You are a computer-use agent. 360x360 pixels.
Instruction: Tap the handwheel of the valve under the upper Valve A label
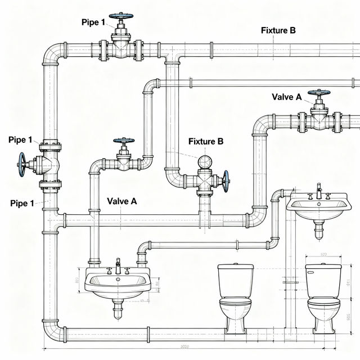click(319, 92)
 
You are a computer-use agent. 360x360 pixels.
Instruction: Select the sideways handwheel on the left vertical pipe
click(22, 167)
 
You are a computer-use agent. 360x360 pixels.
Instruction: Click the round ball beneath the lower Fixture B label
click(205, 162)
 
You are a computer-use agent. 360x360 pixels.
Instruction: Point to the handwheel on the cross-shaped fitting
click(226, 181)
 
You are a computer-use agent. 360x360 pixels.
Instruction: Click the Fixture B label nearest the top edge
click(278, 30)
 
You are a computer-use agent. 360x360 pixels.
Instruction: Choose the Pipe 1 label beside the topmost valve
click(93, 22)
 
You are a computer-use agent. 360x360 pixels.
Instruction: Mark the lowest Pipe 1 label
click(22, 203)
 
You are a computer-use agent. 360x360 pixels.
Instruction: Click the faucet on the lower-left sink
click(118, 265)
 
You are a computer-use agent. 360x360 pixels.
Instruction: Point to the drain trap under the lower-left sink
click(118, 308)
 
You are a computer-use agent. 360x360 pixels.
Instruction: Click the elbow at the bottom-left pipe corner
click(51, 332)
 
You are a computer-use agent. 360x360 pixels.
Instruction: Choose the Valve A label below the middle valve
click(121, 201)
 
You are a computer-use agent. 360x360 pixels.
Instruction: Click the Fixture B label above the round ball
click(206, 141)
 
